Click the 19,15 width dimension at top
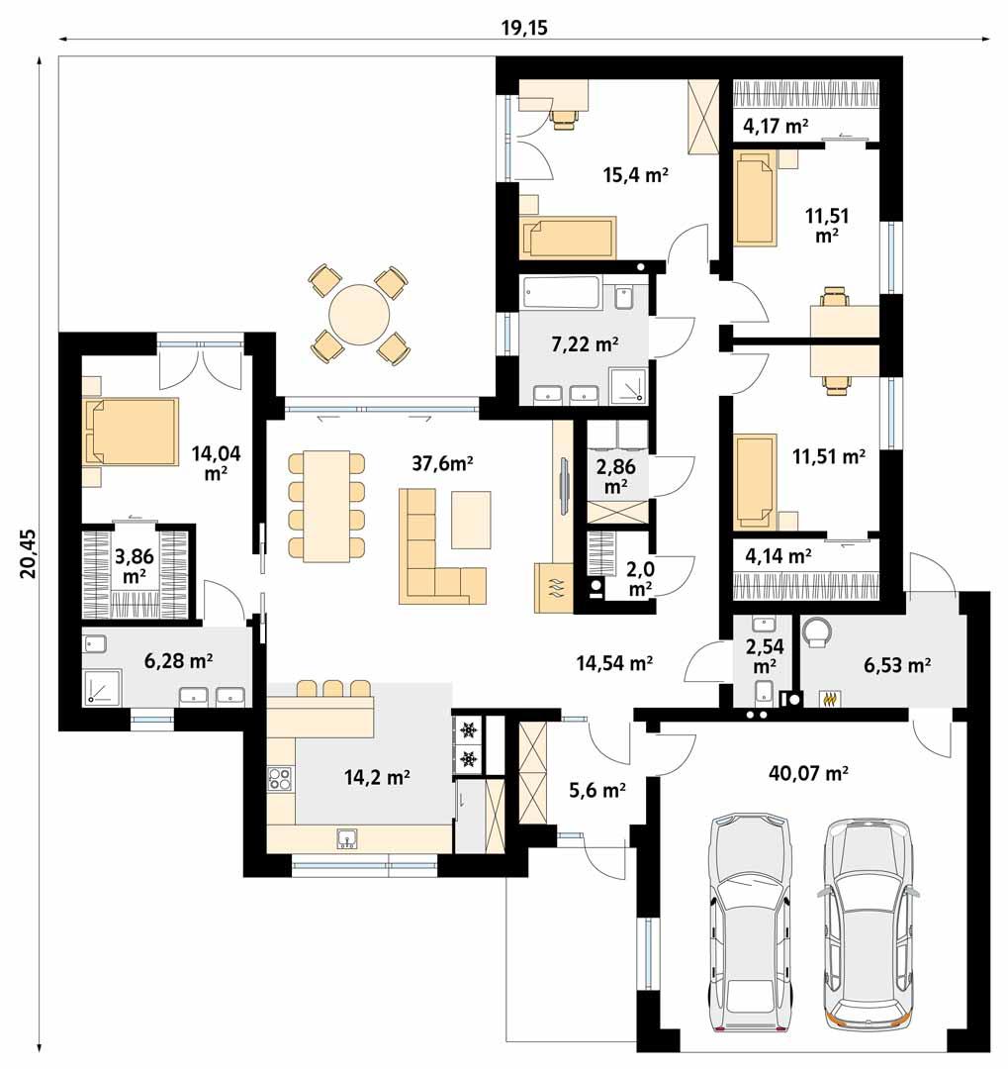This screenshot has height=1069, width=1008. tap(524, 27)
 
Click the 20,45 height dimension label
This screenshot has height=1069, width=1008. tap(27, 551)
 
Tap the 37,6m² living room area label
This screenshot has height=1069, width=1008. tap(443, 463)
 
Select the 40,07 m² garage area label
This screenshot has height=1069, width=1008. tap(809, 773)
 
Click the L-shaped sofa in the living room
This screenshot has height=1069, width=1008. tap(435, 559)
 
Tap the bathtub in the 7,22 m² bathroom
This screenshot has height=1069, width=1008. tap(561, 293)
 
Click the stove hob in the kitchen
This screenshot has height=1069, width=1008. tap(280, 779)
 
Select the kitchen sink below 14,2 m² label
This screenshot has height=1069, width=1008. tap(347, 838)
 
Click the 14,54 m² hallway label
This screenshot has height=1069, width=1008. tap(613, 663)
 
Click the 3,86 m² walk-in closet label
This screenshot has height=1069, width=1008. tap(132, 565)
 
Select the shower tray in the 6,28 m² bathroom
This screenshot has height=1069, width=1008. tap(101, 687)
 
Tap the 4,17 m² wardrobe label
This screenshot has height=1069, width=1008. tap(776, 125)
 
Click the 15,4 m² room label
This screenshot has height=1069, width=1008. tap(636, 175)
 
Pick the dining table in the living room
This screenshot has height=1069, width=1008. tap(325, 506)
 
